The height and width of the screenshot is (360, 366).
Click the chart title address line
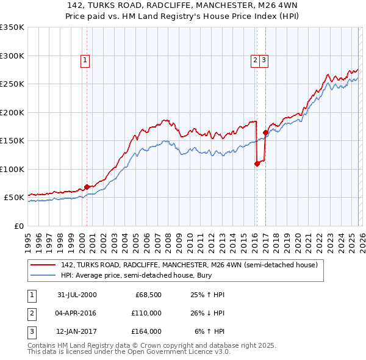pyautogui.click(x=183, y=5)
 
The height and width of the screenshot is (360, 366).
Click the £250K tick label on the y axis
pyautogui.click(x=12, y=84)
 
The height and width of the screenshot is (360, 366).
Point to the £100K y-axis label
pyautogui.click(x=12, y=169)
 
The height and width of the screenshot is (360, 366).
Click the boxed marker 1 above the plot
pyautogui.click(x=85, y=60)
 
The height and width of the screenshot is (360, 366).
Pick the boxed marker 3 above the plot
pyautogui.click(x=264, y=60)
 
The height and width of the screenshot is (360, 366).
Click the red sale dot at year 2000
pyautogui.click(x=87, y=187)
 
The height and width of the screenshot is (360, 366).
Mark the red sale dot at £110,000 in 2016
pyautogui.click(x=257, y=164)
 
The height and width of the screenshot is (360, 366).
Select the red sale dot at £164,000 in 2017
pyautogui.click(x=265, y=132)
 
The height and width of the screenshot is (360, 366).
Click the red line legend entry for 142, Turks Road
pyautogui.click(x=189, y=265)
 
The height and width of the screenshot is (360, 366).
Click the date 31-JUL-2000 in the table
pyautogui.click(x=77, y=295)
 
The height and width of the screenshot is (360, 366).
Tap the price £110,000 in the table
pyautogui.click(x=146, y=313)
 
